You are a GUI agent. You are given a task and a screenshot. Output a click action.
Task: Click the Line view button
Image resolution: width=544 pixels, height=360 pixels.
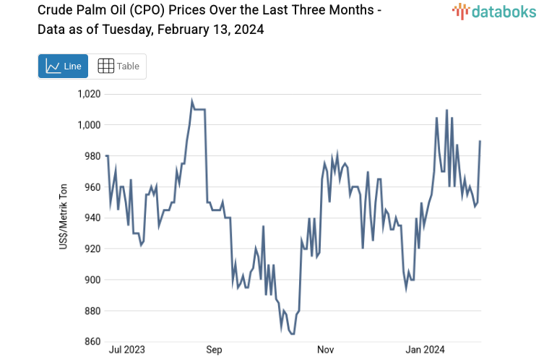[x=63, y=66]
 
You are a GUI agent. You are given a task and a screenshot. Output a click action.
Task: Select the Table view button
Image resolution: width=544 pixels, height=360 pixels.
[x=118, y=66]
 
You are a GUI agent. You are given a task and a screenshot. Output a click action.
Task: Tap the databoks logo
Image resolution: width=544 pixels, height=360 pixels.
[x=496, y=11]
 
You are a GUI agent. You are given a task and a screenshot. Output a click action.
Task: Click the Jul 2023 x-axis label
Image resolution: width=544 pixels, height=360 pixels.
[x=126, y=350]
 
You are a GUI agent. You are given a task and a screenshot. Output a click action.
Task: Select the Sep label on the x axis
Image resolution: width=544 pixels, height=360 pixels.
[x=214, y=350]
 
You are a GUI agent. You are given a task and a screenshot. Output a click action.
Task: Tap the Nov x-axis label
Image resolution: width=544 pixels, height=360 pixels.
[x=326, y=350]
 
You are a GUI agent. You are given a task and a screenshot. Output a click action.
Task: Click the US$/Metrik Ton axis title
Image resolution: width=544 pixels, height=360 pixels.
[x=64, y=218]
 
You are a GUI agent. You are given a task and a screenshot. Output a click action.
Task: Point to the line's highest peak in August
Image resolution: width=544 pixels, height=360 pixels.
[x=192, y=101]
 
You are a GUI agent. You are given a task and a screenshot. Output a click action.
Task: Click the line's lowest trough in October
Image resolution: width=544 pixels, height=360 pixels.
[x=292, y=334]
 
